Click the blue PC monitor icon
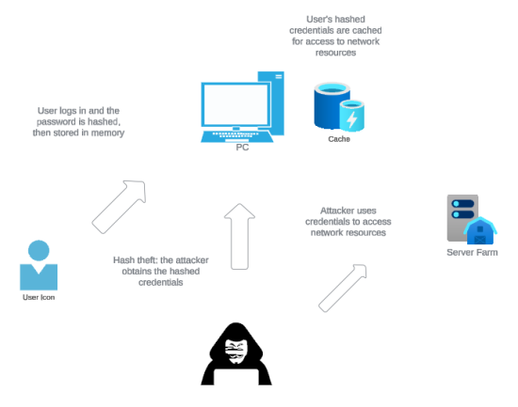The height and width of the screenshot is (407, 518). (x=230, y=107)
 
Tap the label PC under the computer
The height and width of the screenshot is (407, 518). (x=243, y=148)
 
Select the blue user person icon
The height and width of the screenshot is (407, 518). (x=39, y=265)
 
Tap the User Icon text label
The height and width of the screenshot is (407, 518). (x=39, y=298)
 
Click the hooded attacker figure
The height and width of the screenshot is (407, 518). (x=236, y=354)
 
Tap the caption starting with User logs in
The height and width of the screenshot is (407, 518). (x=78, y=121)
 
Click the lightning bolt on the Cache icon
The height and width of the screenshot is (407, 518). (x=352, y=119)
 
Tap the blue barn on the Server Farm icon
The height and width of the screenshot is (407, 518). (x=480, y=231)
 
